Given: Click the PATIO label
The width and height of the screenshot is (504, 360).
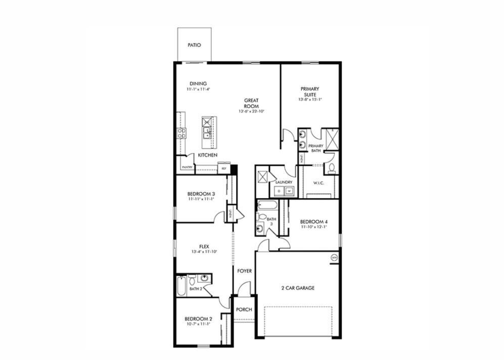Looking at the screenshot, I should coord(194,45).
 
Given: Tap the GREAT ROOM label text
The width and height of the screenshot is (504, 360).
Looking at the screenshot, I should coord(251,103).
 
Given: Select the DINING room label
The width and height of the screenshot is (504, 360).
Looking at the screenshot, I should coord(198,84).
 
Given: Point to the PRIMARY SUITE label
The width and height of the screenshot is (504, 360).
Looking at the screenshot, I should coord(310,92).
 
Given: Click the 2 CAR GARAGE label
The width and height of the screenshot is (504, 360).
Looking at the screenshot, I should coord(298,288).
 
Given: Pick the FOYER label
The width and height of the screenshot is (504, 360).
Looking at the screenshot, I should coord(244,271).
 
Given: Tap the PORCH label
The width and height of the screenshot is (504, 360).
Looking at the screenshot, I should coord(244,309).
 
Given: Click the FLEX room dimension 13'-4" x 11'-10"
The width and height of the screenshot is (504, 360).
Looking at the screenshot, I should coord(204,251).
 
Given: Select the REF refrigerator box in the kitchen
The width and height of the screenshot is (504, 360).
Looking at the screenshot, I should coord(223,167).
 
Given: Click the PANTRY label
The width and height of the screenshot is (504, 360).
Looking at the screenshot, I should coord(187,167).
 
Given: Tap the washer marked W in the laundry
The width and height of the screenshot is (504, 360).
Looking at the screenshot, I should coord(289,191).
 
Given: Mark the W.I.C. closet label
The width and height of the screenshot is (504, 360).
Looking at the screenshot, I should coord(318,183).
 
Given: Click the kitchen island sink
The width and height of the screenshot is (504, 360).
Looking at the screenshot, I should coord(207,133).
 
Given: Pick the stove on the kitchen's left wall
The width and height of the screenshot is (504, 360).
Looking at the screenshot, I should coord(181,133).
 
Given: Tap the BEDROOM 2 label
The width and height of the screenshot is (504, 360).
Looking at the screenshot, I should coord(198,319).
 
